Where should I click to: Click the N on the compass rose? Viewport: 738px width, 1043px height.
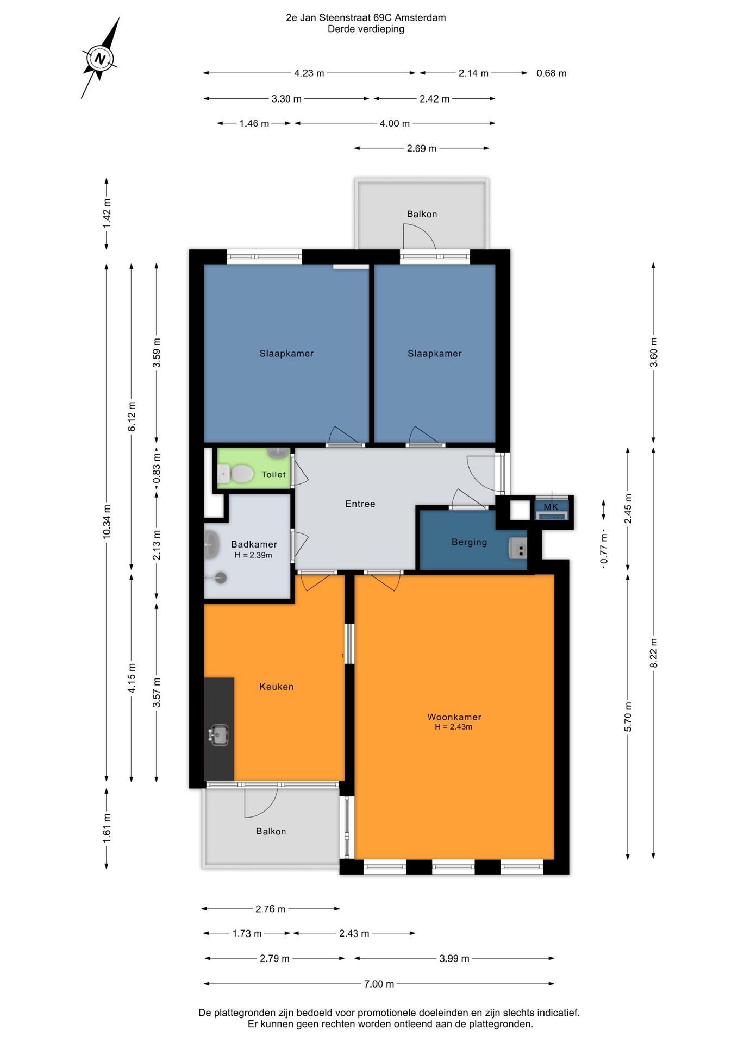(x=100, y=59)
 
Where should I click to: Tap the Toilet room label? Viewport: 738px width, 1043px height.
(x=273, y=475)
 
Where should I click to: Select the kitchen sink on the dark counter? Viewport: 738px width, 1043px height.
(x=218, y=735)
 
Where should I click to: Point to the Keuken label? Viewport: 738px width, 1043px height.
(x=277, y=687)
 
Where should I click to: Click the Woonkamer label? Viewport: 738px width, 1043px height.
(x=454, y=717)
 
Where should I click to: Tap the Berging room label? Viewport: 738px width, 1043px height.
(x=469, y=542)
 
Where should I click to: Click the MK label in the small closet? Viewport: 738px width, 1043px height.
(x=551, y=507)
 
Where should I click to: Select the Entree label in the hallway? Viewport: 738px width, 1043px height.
(x=360, y=504)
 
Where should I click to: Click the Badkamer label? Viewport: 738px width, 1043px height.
(x=254, y=544)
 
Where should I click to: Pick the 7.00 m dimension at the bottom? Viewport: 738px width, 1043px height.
(x=379, y=984)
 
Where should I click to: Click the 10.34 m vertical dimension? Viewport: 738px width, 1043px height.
(x=107, y=522)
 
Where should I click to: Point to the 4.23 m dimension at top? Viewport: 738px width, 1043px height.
(x=309, y=73)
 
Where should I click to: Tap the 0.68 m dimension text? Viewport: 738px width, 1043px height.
(x=552, y=73)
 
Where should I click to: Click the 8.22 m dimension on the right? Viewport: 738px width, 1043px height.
(x=654, y=653)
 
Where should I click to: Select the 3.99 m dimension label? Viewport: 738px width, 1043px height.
(x=454, y=959)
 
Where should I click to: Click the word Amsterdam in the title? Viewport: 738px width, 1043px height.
(x=420, y=17)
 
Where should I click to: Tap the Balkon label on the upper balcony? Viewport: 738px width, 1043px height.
(x=422, y=214)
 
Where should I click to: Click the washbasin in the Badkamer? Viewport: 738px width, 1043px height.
(x=211, y=544)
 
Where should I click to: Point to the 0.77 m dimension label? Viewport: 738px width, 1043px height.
(x=604, y=549)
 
